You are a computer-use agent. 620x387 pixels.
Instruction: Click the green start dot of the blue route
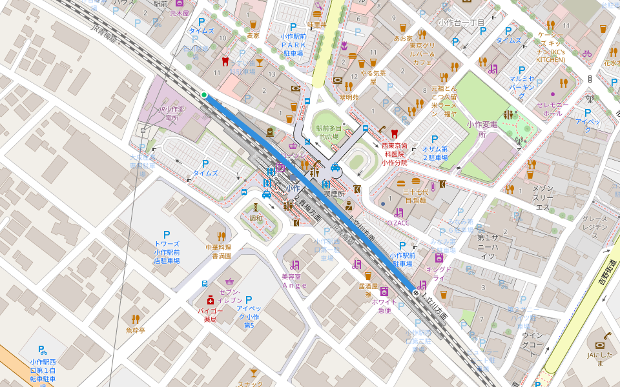click(x=204, y=95)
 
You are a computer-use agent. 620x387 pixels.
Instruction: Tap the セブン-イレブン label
click(x=230, y=297)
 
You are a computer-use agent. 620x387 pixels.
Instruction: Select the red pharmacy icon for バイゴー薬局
click(x=210, y=301)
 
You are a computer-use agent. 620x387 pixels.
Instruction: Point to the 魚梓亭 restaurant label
click(x=135, y=330)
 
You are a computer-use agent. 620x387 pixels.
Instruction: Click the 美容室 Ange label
click(x=294, y=281)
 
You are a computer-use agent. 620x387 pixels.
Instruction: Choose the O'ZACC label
click(x=398, y=223)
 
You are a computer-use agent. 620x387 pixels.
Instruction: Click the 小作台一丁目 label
click(x=461, y=23)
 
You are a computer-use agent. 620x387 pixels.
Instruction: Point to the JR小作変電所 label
click(x=171, y=114)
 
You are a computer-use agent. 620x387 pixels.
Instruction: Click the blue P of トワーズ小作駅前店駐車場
click(x=167, y=235)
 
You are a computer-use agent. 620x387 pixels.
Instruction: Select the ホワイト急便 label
click(x=384, y=306)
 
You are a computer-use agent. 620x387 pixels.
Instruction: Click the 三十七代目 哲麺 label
click(x=415, y=196)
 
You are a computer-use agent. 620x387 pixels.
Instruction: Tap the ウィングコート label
click(x=533, y=340)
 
